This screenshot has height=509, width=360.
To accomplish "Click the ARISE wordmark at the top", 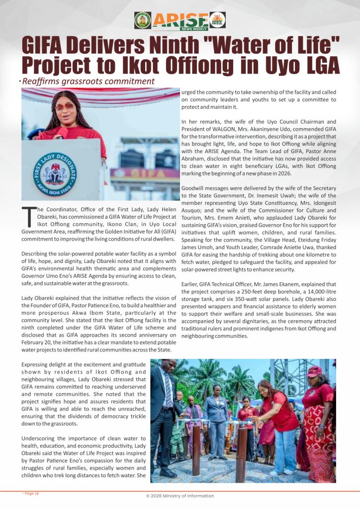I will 180,20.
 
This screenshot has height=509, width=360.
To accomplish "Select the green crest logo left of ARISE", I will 143,20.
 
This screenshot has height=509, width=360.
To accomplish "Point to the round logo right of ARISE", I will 218,20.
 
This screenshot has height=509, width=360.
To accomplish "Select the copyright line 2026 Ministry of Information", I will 180,496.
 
